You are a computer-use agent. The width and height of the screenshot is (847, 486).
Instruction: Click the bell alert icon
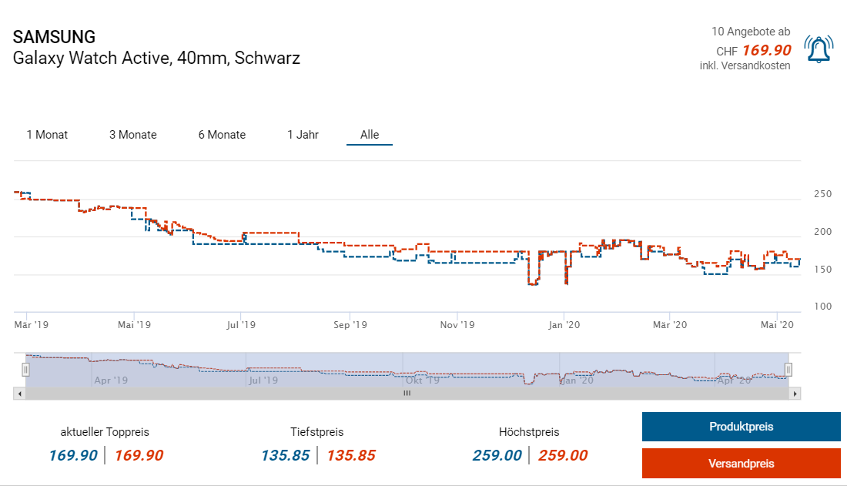pos(818,49)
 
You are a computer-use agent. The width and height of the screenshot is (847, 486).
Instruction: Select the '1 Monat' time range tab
pos(47,135)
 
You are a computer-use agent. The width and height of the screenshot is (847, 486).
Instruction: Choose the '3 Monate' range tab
pos(132,135)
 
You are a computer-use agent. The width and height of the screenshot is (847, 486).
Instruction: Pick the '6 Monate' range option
pos(222,135)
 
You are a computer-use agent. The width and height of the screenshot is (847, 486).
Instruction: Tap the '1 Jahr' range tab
pos(303,135)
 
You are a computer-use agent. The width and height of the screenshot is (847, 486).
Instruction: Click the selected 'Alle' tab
pos(370,135)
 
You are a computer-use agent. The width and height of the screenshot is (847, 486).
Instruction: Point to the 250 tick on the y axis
pos(822,194)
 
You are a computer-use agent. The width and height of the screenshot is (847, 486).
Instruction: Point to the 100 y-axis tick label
pos(822,307)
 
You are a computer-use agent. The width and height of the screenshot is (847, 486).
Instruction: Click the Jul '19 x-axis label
pos(241,325)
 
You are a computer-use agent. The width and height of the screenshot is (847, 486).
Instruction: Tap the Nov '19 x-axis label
pos(457,325)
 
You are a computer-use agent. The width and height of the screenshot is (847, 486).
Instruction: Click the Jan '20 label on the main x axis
pos(564,325)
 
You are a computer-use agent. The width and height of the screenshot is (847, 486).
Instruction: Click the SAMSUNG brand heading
pos(54,37)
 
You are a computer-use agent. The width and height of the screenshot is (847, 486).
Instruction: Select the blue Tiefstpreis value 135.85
pos(285,455)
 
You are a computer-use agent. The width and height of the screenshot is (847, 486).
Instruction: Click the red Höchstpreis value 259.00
pos(563,455)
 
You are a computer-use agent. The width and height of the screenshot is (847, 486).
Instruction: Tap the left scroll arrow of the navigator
pos(19,394)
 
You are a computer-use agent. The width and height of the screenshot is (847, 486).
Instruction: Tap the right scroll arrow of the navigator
pos(795,394)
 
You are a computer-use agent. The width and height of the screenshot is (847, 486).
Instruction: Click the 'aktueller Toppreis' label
pos(105,432)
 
